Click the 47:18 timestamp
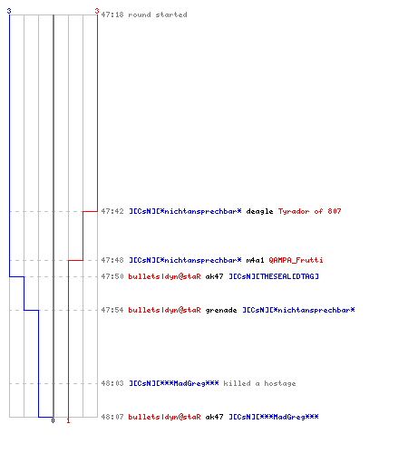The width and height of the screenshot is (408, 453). pos(112,14)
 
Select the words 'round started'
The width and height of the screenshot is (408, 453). pos(158,14)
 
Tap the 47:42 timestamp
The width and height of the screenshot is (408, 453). pos(112,211)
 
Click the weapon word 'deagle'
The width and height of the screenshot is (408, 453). pos(259,212)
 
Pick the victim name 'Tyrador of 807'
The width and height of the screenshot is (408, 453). pos(309,211)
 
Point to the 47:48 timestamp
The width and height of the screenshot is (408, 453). pos(112,260)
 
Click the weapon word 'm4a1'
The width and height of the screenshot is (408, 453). pos(255,260)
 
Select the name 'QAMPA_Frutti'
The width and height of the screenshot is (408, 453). pos(296,260)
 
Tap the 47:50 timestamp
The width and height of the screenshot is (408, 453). pos(112,276)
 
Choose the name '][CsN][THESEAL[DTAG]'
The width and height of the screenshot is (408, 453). pos(274,276)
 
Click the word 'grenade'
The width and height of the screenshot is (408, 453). pos(221,311)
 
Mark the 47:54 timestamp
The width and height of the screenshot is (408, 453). pos(112,310)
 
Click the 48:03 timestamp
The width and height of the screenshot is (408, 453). pos(112,383)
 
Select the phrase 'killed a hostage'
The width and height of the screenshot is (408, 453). pos(259,383)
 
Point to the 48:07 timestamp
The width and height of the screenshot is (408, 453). pos(112,417)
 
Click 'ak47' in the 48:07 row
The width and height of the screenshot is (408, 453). pos(214,417)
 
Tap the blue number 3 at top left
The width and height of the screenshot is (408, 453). pos(9,11)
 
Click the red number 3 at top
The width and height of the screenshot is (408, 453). pos(97,11)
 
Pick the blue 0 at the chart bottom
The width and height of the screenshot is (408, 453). pos(53,420)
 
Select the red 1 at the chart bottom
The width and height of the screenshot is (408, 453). pos(68,420)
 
